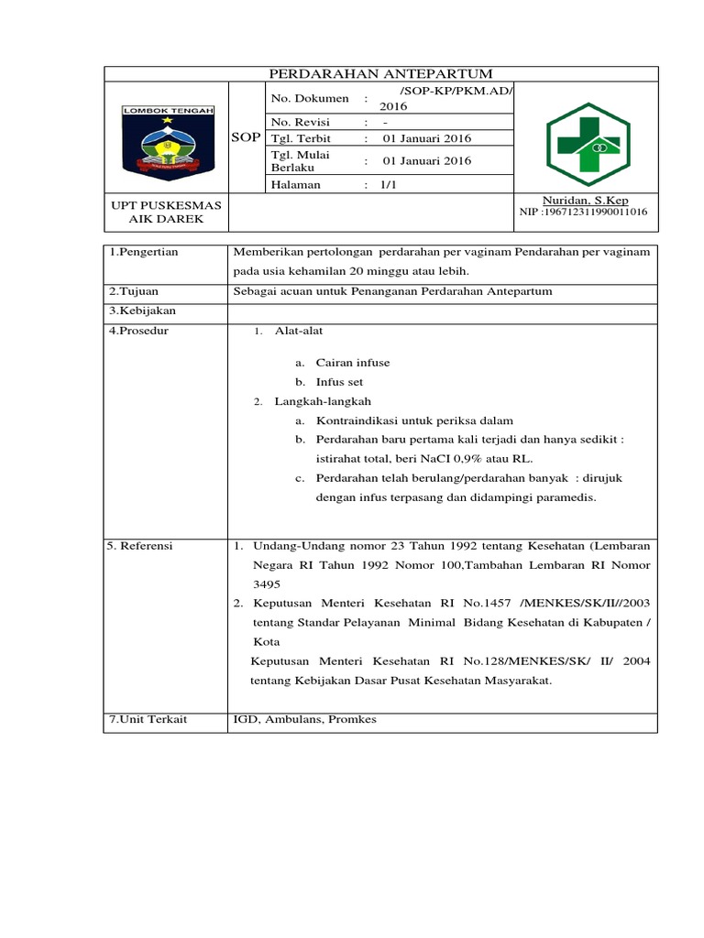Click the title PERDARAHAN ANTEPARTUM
379,73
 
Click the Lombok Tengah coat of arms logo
168,139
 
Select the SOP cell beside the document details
245,138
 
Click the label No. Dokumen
309,99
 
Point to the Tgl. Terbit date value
426,138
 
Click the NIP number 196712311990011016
583,213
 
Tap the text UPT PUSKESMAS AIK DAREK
166,213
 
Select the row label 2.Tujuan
133,291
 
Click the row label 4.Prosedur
137,330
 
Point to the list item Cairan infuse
353,363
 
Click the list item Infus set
340,382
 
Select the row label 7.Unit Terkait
147,719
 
